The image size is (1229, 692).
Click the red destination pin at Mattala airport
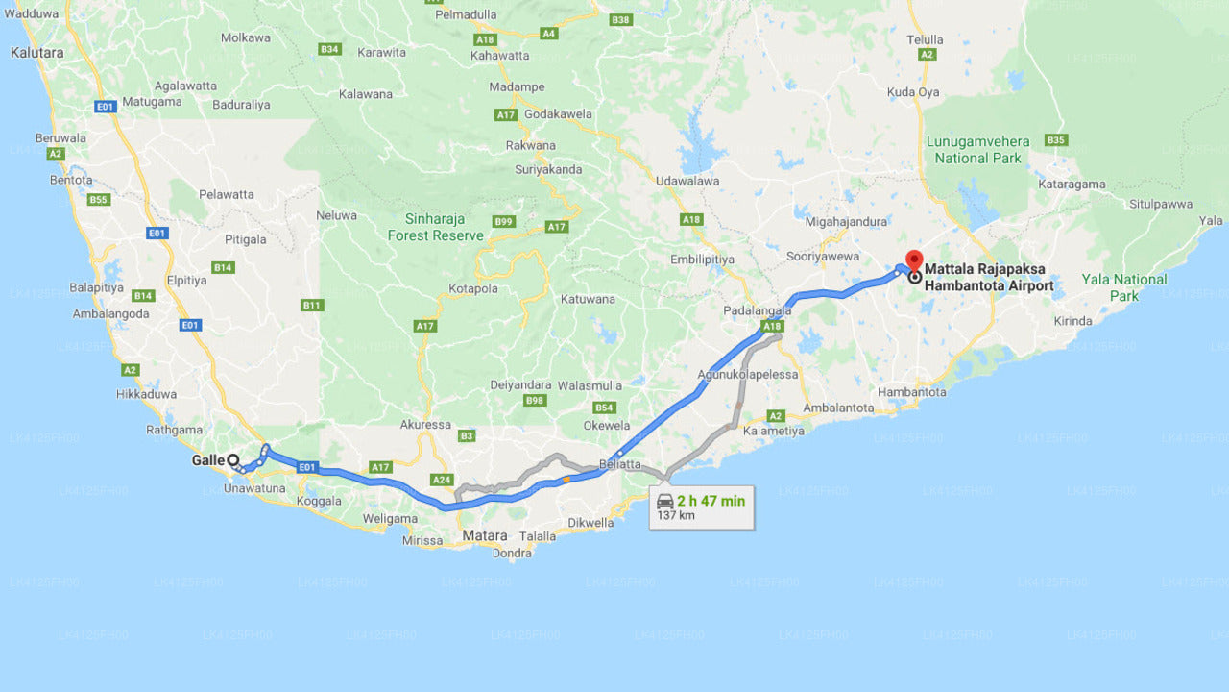[x=914, y=260]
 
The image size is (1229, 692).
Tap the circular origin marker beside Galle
[x=233, y=460]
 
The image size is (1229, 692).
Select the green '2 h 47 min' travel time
[x=711, y=501]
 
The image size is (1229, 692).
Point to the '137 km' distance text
[x=675, y=516]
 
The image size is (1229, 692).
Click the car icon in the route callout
[x=664, y=501]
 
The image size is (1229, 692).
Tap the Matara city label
[x=484, y=535]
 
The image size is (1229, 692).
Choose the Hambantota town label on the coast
[x=911, y=392]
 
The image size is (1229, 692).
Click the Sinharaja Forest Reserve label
[x=436, y=227]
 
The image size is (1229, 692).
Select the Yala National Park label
[x=1124, y=287]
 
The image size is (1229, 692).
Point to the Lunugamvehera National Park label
[x=977, y=149]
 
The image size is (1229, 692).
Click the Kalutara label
[x=36, y=53]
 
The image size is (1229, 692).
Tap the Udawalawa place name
[x=687, y=181]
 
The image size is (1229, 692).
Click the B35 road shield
[x=1056, y=140]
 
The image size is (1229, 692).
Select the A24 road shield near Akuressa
[x=442, y=480]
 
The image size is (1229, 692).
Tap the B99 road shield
[x=504, y=222]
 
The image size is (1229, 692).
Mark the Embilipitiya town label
[x=702, y=259]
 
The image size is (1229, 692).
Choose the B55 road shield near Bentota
[x=98, y=200]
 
